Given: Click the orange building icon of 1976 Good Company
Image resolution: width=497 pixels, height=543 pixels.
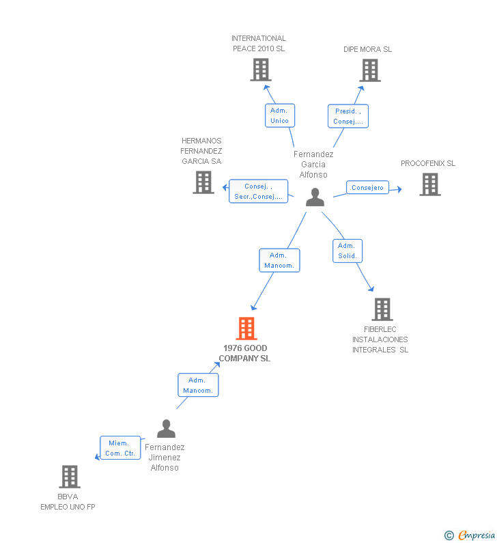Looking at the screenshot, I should (x=246, y=329).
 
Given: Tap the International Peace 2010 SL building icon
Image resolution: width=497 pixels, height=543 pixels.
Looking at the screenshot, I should (x=260, y=70).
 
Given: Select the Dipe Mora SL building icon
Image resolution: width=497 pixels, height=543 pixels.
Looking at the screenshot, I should (x=369, y=70).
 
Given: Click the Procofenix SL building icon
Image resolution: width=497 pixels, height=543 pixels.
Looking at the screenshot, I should (x=429, y=184).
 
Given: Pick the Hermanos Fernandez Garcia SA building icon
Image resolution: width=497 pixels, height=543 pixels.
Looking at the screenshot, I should (x=203, y=182).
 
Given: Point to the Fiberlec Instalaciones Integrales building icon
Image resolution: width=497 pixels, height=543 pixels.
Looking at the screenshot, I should (x=382, y=309).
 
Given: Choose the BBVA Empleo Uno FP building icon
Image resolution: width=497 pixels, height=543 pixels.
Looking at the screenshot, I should (x=69, y=477).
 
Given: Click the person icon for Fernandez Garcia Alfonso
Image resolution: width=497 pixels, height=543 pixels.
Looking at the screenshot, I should (x=315, y=197).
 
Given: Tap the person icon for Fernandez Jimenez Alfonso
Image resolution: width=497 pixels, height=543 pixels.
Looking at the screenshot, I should (x=166, y=429).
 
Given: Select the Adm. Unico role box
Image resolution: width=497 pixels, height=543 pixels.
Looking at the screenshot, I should (x=279, y=115).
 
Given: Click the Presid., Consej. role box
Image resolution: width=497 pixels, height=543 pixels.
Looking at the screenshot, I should (x=348, y=116).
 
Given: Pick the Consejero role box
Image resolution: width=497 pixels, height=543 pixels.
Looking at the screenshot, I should (x=367, y=188).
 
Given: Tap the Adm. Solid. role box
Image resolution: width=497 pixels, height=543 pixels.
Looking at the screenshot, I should (x=347, y=251).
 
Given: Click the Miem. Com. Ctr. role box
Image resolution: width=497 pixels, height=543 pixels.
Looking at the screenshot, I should (x=120, y=448).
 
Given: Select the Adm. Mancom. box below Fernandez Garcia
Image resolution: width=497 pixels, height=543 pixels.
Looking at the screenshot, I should (x=279, y=260).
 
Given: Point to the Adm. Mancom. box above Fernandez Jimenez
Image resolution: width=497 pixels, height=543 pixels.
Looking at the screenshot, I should (x=198, y=385).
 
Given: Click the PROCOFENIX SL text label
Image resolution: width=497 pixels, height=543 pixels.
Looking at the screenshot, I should (x=428, y=163).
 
